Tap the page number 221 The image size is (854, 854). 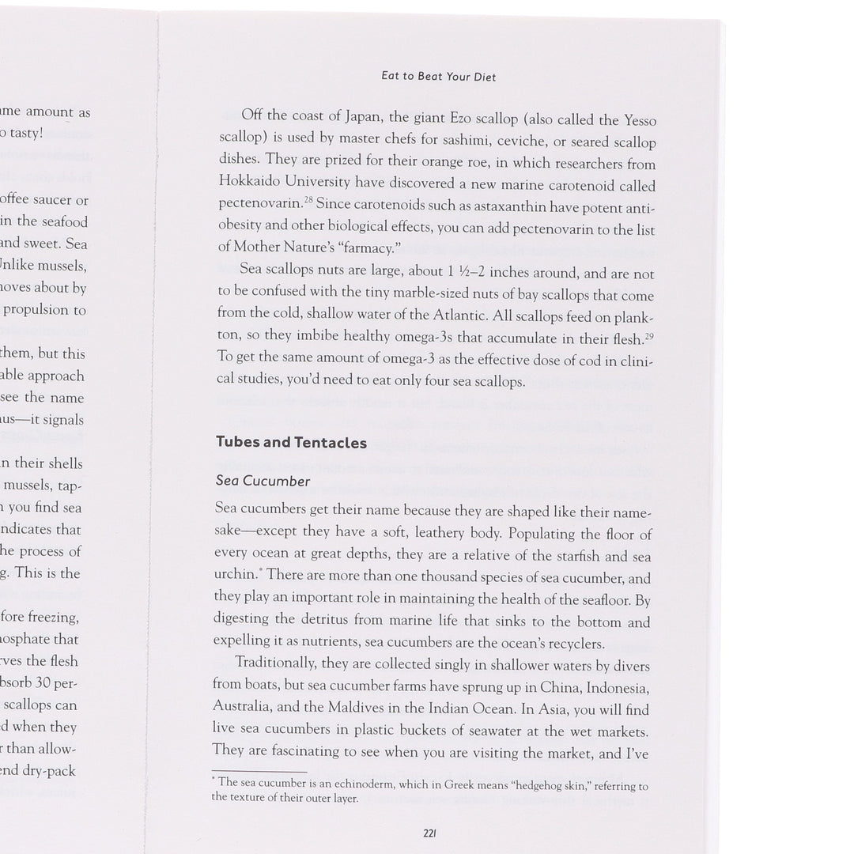point(431,833)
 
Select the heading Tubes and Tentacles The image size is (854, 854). point(291,442)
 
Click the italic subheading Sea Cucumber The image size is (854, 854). point(263,480)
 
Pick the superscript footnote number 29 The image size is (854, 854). point(648,336)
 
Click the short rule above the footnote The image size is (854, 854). point(259,771)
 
